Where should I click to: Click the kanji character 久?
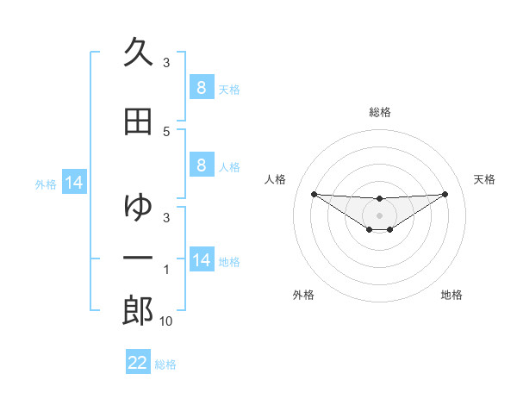[x=138, y=53]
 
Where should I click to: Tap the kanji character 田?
[x=138, y=121]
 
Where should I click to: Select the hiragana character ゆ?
[x=138, y=207]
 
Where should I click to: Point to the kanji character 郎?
[x=138, y=311]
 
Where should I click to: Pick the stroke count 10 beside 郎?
[x=166, y=321]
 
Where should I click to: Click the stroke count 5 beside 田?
[x=166, y=131]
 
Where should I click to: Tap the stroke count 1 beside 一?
[x=166, y=270]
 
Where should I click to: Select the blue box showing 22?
[x=138, y=363]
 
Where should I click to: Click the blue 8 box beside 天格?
[x=201, y=87]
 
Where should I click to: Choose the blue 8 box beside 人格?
[x=201, y=165]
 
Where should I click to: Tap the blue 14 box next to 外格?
[x=73, y=183]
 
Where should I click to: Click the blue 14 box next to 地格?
[x=201, y=259]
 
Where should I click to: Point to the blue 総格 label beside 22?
[x=165, y=364]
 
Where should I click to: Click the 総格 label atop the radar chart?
[x=379, y=112]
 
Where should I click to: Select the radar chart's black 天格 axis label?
[x=485, y=179]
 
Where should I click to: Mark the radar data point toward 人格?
[x=314, y=194]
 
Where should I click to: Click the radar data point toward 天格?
[x=445, y=194]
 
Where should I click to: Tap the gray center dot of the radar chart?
[x=379, y=215]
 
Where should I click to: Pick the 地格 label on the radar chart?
[x=452, y=295]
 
